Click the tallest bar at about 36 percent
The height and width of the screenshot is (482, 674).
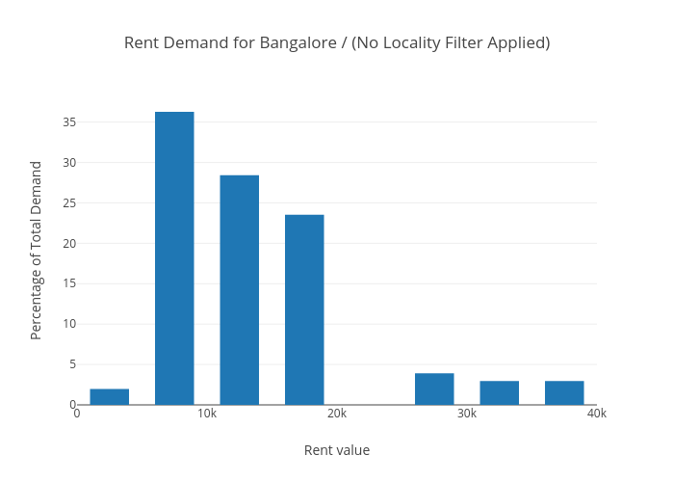coord(174,258)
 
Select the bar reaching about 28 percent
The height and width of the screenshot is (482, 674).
coord(239,289)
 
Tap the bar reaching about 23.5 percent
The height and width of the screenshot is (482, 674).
coord(304,309)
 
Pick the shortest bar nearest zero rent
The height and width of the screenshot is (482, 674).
coord(110,396)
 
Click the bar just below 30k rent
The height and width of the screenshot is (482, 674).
coord(434,388)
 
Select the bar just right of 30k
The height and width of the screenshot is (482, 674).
coord(499,392)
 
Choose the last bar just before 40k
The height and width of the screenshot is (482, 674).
coord(564,392)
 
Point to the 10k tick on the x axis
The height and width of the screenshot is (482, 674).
coord(207,414)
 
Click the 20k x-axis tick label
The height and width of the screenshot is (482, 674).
coord(337,414)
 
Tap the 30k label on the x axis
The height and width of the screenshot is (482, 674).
coord(467,414)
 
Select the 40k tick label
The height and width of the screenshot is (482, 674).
coord(597,414)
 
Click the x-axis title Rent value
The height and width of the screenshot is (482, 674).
coord(337,450)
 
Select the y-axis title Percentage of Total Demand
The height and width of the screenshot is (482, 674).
coord(37,250)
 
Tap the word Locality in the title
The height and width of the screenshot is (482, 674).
coord(416,43)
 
